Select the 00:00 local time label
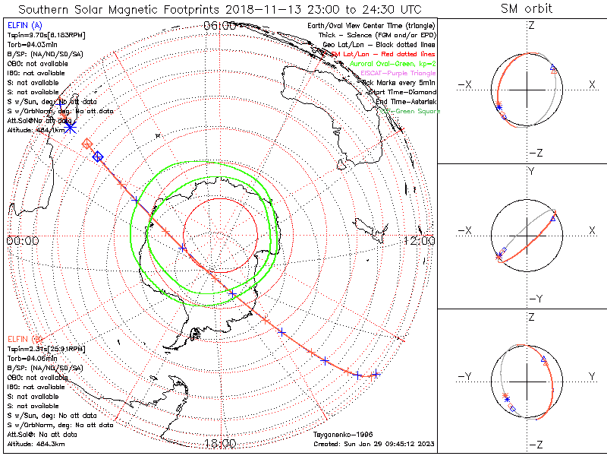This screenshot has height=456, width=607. (x=22, y=240)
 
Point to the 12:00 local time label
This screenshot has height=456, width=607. (x=419, y=240)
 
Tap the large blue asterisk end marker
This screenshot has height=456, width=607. (x=71, y=127)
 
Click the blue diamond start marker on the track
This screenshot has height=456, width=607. (x=98, y=157)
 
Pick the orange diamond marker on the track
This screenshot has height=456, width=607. (x=87, y=144)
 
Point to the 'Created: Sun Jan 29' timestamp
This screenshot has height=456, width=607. (x=374, y=443)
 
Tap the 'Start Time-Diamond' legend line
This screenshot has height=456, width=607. (x=401, y=92)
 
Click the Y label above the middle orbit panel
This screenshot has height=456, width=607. (x=532, y=172)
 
